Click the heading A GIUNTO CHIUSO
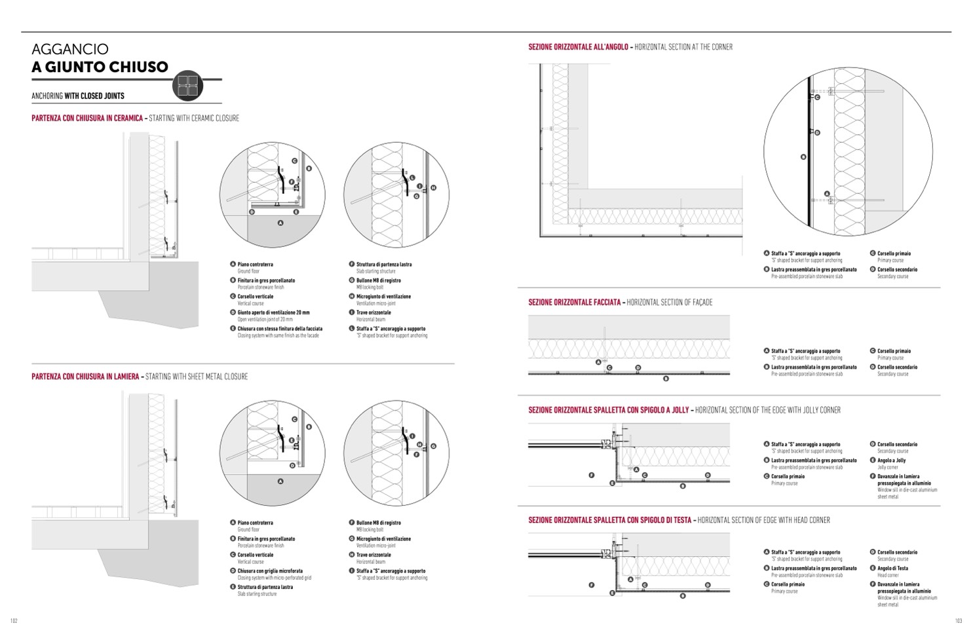[100, 67]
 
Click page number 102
[14, 621]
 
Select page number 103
[958, 621]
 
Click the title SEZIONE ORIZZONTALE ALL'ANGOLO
[578, 47]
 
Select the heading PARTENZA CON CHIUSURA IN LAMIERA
[85, 377]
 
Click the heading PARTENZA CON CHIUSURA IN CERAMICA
[87, 119]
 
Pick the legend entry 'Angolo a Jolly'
[891, 460]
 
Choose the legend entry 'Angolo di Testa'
[892, 569]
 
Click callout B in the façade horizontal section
[666, 379]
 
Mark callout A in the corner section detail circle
[827, 194]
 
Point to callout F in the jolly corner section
[592, 475]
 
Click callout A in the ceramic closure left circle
[280, 223]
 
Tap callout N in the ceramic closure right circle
[433, 188]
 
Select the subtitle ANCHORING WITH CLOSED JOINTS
[78, 96]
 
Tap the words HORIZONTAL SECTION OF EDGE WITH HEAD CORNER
[763, 520]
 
